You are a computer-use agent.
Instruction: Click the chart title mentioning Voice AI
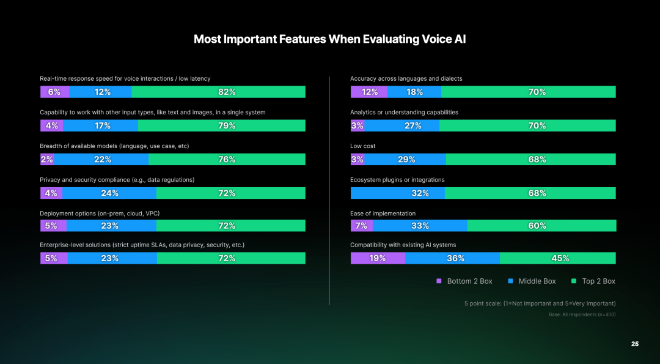coord(330,39)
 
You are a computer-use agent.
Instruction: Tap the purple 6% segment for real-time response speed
coord(54,92)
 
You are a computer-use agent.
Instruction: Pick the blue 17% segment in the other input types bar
coord(101,125)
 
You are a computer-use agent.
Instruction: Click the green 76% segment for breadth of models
coord(227,159)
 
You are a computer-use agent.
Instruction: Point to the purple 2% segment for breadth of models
coord(47,159)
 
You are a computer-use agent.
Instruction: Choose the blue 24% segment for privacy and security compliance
coord(109,193)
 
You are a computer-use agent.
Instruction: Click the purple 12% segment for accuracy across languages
coord(369,92)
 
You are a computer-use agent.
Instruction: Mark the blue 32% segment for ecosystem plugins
coord(398,193)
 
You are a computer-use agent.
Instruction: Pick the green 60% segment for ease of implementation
coord(541,225)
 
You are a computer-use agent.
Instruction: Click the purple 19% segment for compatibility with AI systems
coord(378,258)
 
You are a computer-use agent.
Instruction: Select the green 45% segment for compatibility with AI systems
coord(557,258)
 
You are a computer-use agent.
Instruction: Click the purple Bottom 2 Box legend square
coord(439,281)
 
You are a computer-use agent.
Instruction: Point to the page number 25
coord(635,344)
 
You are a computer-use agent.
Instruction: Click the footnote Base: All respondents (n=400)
coord(582,314)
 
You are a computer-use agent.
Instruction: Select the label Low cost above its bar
coord(363,146)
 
